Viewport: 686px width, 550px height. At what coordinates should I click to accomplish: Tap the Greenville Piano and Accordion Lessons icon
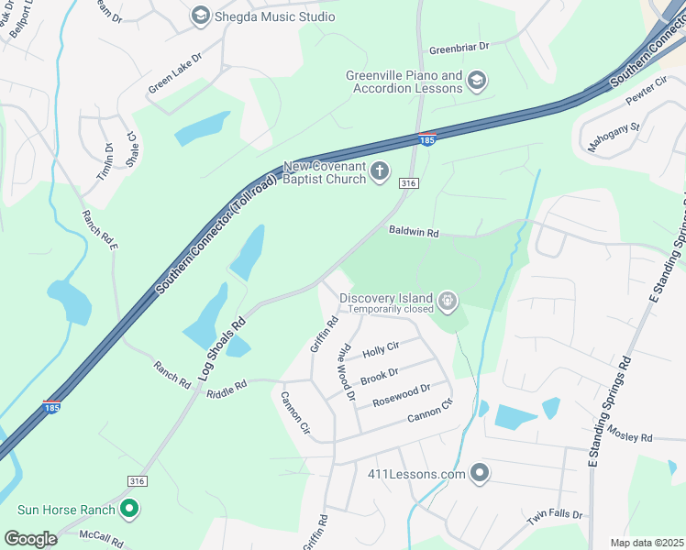[477, 82]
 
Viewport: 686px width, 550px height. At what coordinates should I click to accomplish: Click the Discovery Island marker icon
[448, 300]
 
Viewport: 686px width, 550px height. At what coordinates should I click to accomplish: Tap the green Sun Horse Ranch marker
[130, 509]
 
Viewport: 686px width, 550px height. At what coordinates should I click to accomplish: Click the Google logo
[30, 538]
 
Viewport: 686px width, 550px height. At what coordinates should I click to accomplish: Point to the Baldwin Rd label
[413, 233]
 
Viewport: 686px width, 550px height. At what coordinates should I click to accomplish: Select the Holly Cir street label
[381, 349]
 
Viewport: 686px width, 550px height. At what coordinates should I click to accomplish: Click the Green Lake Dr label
[174, 73]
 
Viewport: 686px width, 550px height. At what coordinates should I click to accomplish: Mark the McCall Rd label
[101, 537]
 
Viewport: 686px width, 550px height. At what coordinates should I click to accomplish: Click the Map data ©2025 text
[647, 543]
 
